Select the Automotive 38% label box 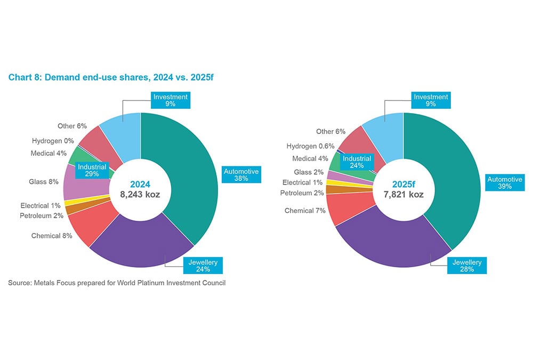240,175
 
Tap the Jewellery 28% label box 467,266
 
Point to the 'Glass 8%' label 43,181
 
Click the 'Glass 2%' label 309,172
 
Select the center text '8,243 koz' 141,195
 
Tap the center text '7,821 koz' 403,195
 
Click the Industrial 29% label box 92,171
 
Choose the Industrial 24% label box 357,162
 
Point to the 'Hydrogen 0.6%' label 310,146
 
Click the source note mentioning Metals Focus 117,283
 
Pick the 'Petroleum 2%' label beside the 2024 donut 42,215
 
